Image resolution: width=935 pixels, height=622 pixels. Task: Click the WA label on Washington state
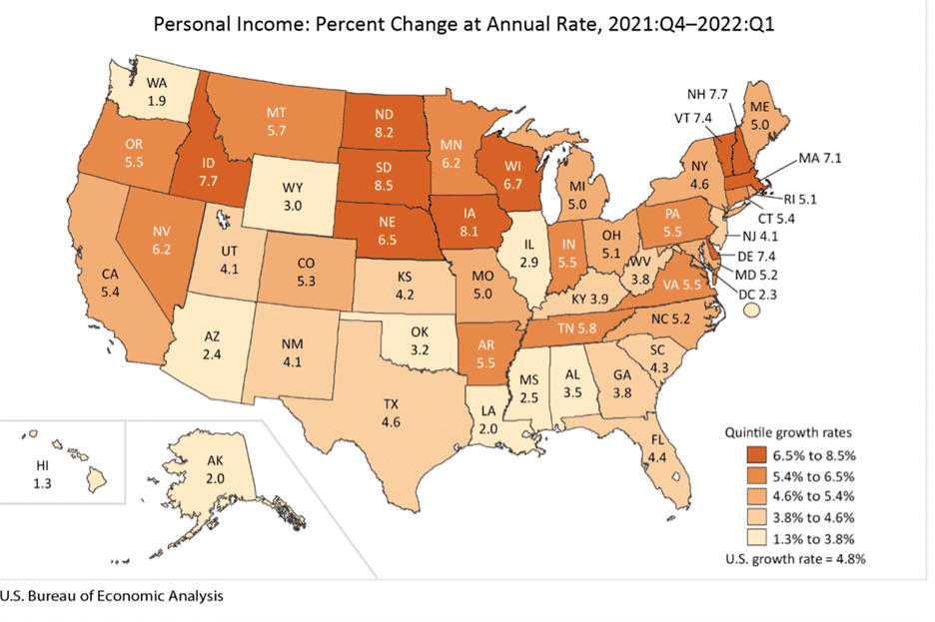[156, 84]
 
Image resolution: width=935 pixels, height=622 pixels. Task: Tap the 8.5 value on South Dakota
[384, 186]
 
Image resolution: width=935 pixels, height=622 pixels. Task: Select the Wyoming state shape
[292, 196]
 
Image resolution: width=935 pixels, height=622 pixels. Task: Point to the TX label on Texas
[391, 404]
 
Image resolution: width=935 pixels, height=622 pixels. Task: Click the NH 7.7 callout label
[707, 94]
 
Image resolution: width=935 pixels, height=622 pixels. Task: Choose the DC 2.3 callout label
[757, 295]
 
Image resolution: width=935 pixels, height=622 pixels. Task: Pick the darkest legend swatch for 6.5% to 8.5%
[756, 455]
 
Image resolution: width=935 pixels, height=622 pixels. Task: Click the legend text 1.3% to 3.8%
[813, 539]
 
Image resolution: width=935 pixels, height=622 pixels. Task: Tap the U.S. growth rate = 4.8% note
[795, 559]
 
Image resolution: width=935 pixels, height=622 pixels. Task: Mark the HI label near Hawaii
[42, 465]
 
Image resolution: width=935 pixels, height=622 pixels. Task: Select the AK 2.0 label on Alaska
[215, 469]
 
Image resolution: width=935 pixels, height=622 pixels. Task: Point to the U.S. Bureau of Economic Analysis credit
[112, 596]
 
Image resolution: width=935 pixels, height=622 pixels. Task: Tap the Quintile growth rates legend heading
[788, 432]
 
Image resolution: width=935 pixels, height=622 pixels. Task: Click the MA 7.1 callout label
[820, 158]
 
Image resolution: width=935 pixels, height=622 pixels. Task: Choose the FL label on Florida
[657, 440]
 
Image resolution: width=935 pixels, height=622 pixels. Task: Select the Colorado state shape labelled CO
[306, 272]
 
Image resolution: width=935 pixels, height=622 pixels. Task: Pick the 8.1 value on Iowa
[468, 232]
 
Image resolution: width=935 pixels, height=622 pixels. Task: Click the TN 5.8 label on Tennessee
[576, 327]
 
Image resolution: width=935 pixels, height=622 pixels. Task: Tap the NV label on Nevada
[161, 232]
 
